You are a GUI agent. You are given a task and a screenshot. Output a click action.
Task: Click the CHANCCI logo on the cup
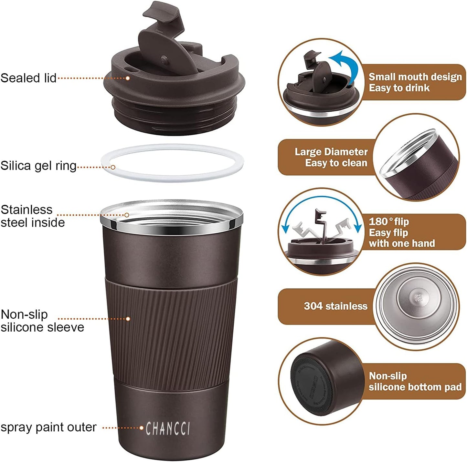coord(168,428)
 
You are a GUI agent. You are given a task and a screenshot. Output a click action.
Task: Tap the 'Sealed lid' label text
coord(28,78)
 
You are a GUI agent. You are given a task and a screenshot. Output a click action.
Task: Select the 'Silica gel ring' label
coord(38,166)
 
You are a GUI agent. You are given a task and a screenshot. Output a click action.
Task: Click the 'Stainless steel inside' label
coord(32,216)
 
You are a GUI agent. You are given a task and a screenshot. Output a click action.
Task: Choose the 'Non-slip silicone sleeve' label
coord(42,321)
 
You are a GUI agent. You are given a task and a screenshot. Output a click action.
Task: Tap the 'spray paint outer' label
coord(48,427)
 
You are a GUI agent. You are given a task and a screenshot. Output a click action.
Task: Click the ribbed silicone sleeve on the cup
coord(171,333)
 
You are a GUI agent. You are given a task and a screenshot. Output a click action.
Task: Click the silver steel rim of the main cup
coord(171,223)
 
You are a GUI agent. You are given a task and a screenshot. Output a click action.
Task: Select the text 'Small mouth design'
coord(415,77)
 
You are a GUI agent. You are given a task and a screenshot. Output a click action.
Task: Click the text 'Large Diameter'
coord(331,152)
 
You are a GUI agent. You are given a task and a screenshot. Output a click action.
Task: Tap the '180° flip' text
coord(389,221)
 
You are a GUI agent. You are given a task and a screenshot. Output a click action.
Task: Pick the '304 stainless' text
coord(335,306)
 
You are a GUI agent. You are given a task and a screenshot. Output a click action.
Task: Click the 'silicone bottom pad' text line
coord(415,387)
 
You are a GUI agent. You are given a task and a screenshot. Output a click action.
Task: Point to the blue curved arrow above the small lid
coord(347,63)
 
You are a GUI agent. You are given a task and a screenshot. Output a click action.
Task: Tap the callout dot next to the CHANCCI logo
coord(141,428)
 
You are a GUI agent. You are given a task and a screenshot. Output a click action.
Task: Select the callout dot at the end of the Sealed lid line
coord(128,78)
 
